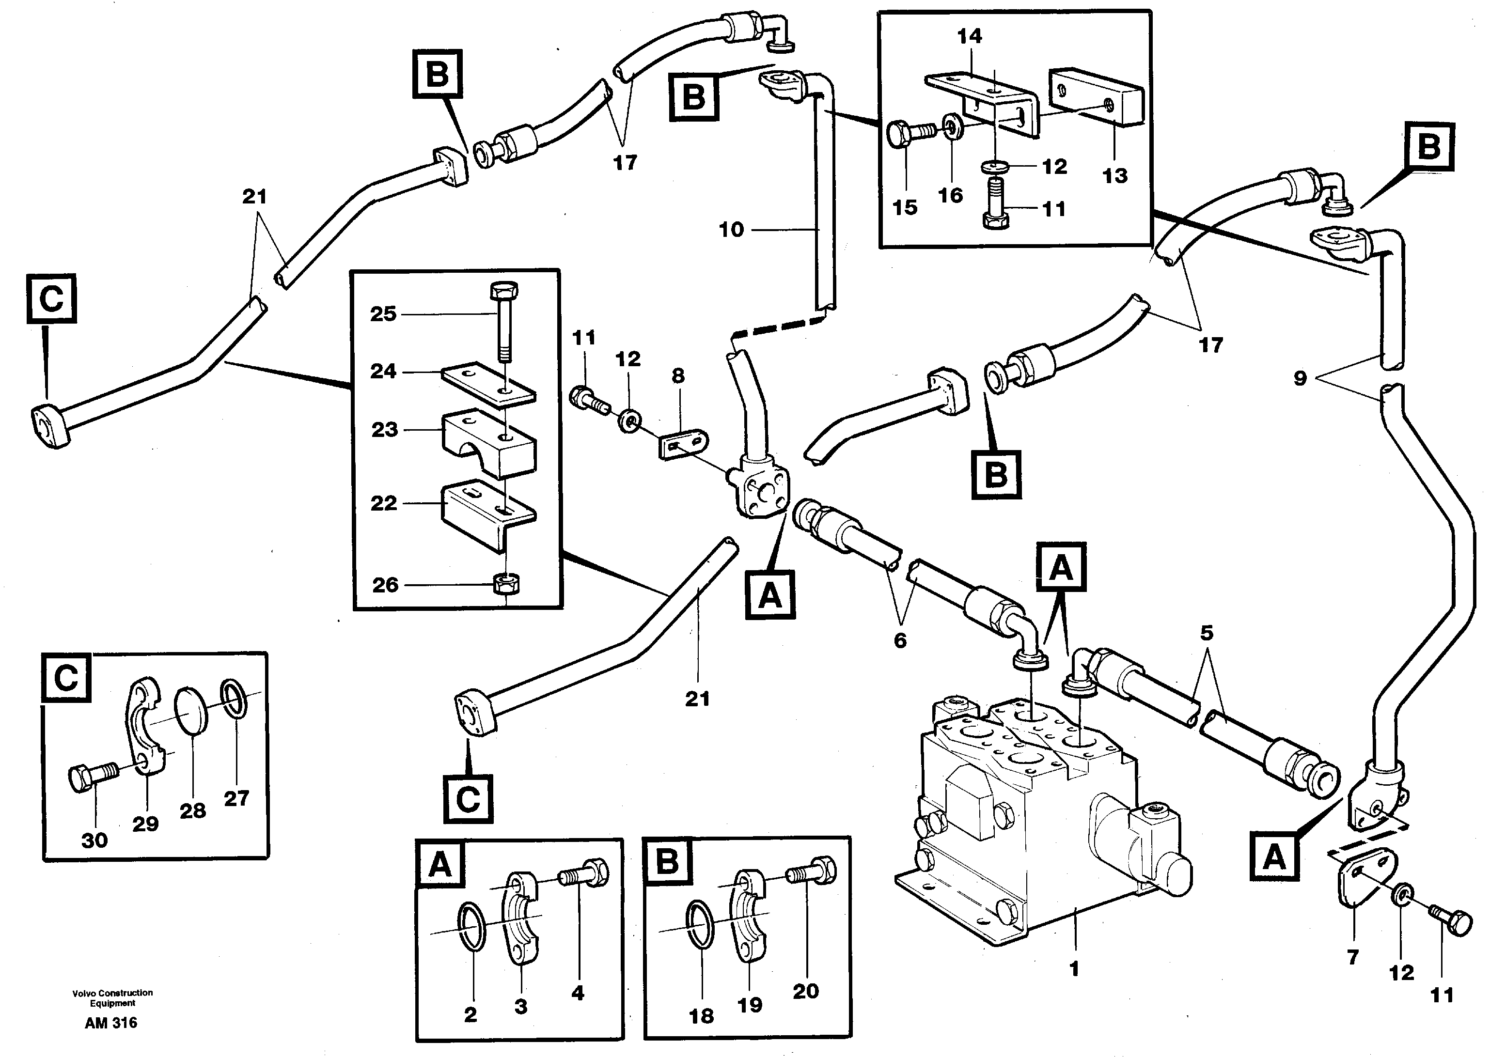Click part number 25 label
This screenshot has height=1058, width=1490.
point(383,314)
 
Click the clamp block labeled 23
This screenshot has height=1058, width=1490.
point(488,443)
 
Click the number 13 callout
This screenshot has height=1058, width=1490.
point(1115,176)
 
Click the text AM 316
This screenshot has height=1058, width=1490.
point(111,1023)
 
